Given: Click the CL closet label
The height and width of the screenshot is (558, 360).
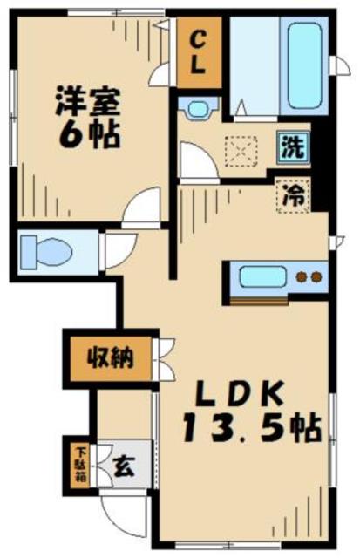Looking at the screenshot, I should (199, 54).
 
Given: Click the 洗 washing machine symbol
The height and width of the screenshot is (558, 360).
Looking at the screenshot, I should (294, 146).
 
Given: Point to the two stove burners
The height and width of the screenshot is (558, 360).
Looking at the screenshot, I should (307, 279).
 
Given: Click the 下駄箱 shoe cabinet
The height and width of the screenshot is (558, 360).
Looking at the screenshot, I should (79, 466).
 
